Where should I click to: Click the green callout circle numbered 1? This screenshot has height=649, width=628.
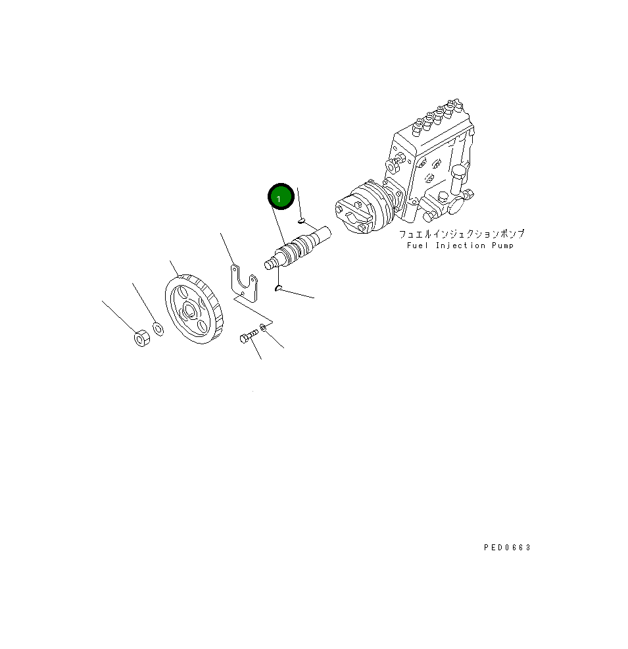click(281, 197)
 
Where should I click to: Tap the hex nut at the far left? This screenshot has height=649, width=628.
click(142, 338)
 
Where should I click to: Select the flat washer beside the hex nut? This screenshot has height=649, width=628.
click(158, 329)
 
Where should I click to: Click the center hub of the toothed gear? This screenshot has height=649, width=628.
click(190, 311)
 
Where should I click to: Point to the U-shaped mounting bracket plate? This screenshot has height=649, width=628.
click(244, 284)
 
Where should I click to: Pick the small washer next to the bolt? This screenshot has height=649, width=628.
click(263, 328)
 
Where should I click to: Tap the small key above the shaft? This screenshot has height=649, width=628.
click(301, 221)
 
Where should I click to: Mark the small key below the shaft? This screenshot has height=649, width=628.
click(279, 288)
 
